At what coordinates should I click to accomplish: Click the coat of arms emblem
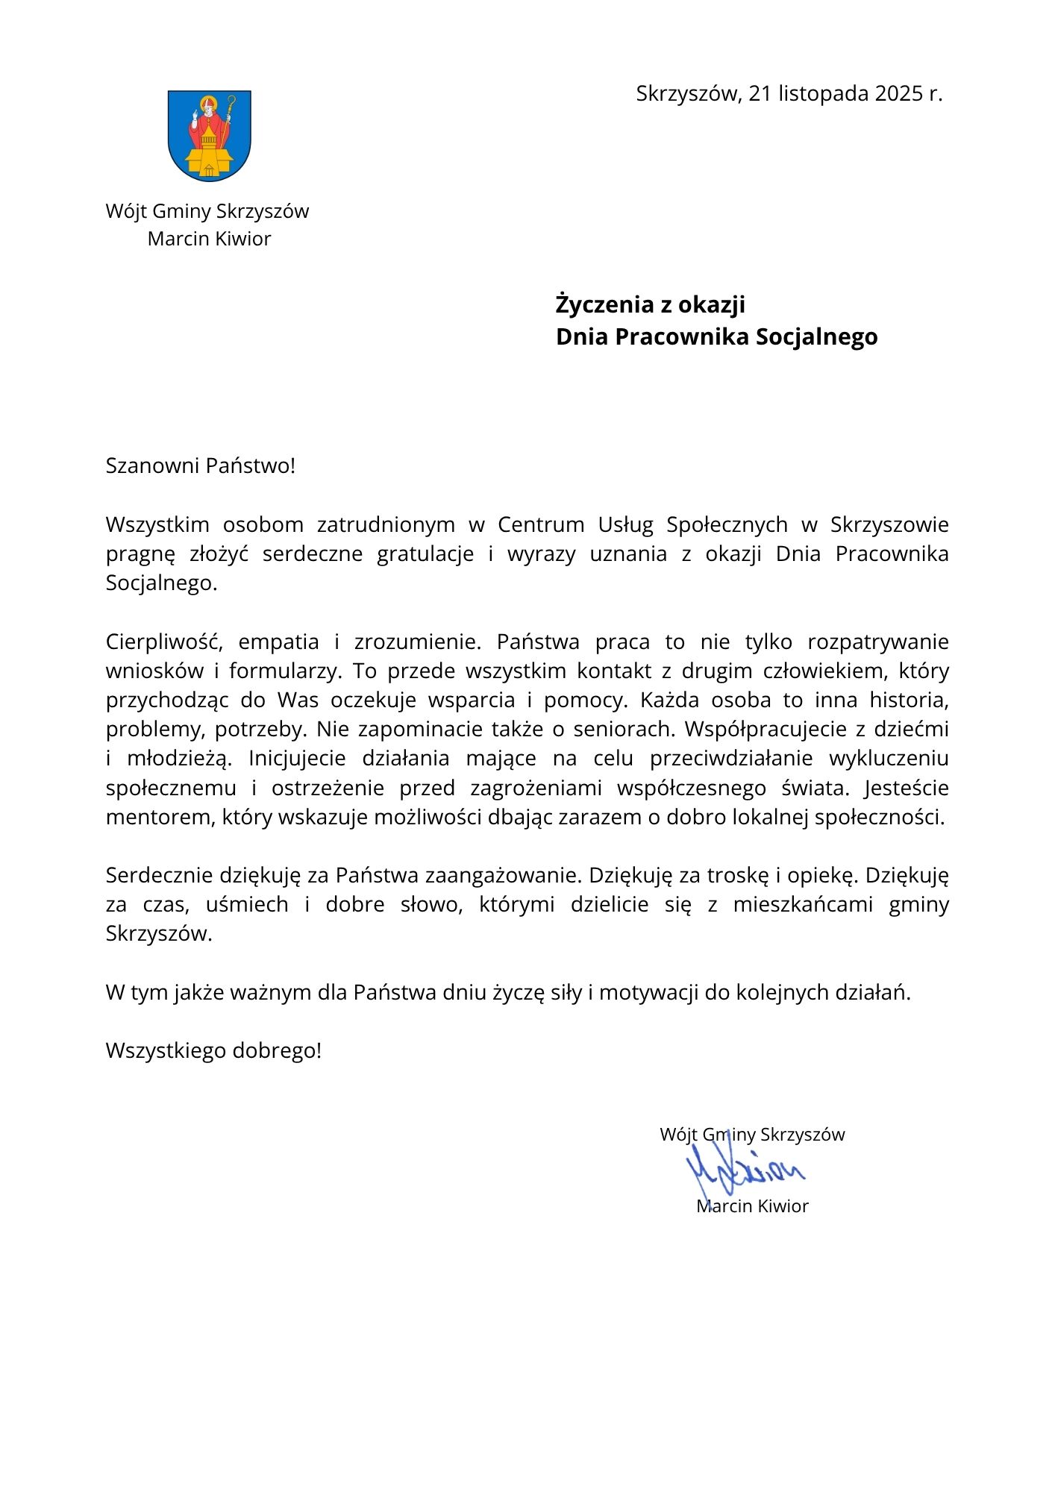click(x=209, y=136)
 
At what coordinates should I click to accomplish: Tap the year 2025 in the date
click(x=899, y=93)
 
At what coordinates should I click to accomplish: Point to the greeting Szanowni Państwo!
click(x=201, y=466)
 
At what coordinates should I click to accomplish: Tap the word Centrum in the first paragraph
click(x=541, y=524)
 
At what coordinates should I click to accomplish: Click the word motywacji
click(x=646, y=992)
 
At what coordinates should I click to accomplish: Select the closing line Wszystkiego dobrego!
click(x=213, y=1050)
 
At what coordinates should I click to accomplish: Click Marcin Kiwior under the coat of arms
click(x=209, y=239)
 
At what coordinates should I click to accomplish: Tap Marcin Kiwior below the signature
click(x=752, y=1206)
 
